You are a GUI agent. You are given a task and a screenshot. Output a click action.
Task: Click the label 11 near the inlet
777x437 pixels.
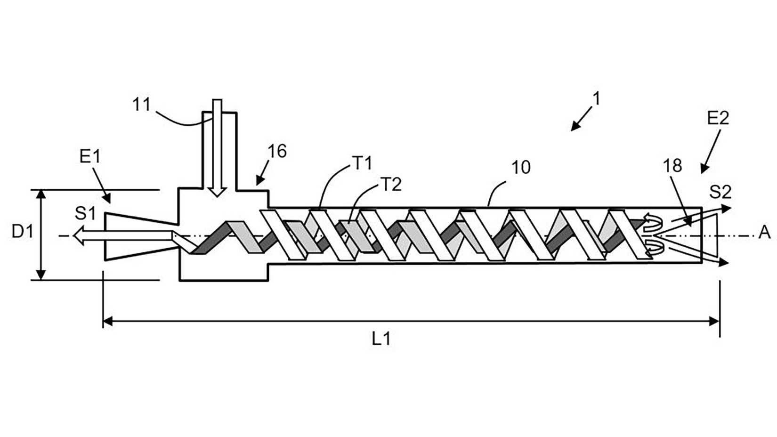pos(141,104)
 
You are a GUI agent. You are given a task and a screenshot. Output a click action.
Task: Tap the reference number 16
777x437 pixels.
pos(277,152)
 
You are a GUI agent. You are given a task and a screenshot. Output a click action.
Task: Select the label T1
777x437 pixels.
pos(362,163)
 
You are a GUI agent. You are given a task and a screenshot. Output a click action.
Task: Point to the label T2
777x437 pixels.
pos(390,185)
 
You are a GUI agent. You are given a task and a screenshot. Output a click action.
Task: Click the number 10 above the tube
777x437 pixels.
pos(520,168)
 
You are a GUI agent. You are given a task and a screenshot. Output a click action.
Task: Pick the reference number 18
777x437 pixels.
pos(672,166)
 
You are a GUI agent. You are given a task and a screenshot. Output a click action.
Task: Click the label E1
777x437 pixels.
pos(90,156)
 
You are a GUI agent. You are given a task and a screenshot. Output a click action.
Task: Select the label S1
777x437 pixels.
pos(85,214)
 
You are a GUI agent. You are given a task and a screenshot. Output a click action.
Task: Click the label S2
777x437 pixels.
pos(720,192)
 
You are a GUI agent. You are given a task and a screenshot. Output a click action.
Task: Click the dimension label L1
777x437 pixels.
pos(381,339)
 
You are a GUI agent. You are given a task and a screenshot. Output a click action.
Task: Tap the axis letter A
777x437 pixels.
pos(764,232)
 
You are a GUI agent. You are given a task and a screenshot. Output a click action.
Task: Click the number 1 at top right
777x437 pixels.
pos(597,99)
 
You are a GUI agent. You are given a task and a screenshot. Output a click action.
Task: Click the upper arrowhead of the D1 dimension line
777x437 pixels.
pos(41,194)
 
